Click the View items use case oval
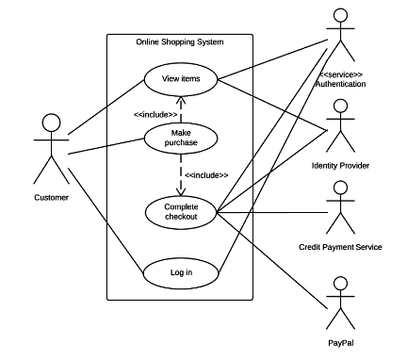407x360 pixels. [x=180, y=78]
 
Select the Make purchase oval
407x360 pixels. [x=180, y=139]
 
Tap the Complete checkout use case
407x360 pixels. [x=180, y=211]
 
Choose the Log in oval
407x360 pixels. [x=180, y=272]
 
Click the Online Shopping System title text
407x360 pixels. [x=180, y=41]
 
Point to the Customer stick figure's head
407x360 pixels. [x=51, y=123]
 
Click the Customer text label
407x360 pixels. [x=51, y=197]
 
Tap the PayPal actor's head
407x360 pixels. [x=338, y=285]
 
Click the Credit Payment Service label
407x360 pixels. [x=340, y=247]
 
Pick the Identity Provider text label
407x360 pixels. [x=340, y=165]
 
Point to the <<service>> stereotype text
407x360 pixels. [x=341, y=74]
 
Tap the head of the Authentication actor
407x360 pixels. [x=338, y=16]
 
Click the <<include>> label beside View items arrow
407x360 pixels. [x=155, y=114]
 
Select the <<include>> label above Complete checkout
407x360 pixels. [x=205, y=175]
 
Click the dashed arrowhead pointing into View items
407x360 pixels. [x=180, y=97]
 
